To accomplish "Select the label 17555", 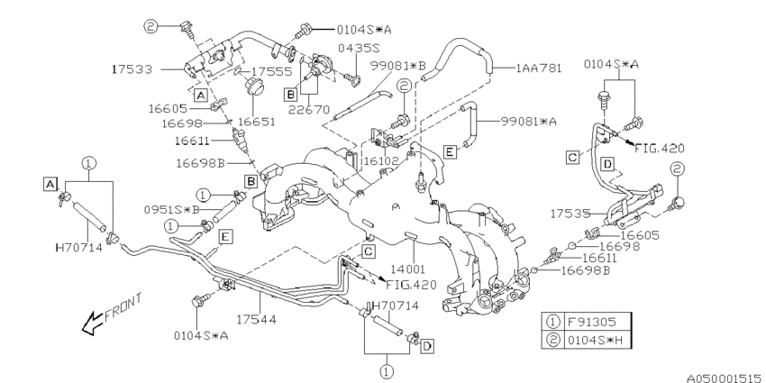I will [x=269, y=69].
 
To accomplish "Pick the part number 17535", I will [x=570, y=215].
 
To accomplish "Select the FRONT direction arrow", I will [x=107, y=315].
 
